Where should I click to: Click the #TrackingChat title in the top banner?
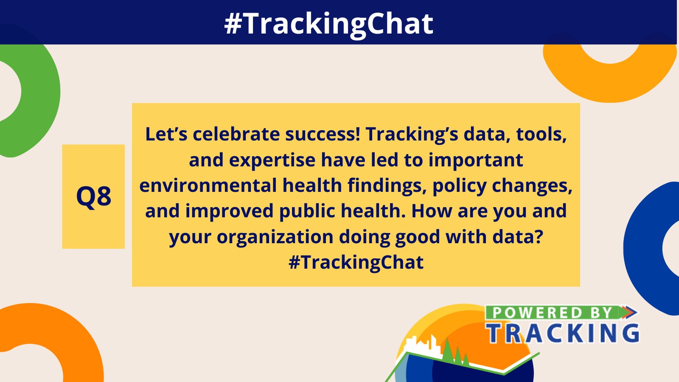[329, 23]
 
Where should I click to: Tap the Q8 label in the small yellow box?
[93, 197]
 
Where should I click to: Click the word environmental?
[208, 186]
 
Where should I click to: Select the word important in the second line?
[475, 160]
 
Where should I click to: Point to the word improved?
[229, 211]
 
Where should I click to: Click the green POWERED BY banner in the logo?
[552, 313]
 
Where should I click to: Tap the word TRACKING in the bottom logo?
[563, 333]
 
